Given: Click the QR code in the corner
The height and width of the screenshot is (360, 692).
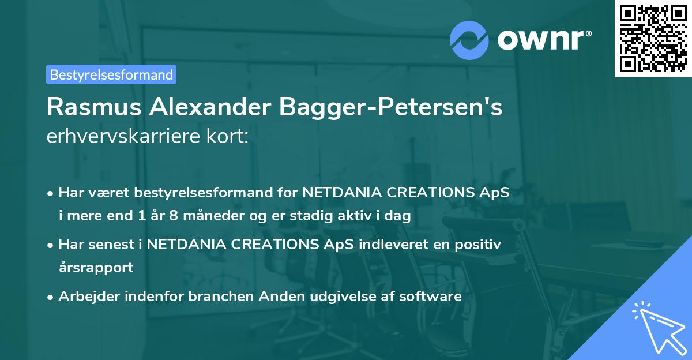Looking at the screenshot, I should click(x=652, y=38).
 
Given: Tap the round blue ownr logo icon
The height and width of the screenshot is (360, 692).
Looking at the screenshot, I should click(x=469, y=40).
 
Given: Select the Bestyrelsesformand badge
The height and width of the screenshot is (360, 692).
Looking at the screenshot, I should click(x=111, y=74).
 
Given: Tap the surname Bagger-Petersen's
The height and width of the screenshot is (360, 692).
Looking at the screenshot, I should click(x=392, y=107).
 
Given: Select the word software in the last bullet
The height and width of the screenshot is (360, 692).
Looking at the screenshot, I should click(x=434, y=297).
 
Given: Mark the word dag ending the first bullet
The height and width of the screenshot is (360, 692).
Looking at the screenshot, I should click(x=398, y=217).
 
